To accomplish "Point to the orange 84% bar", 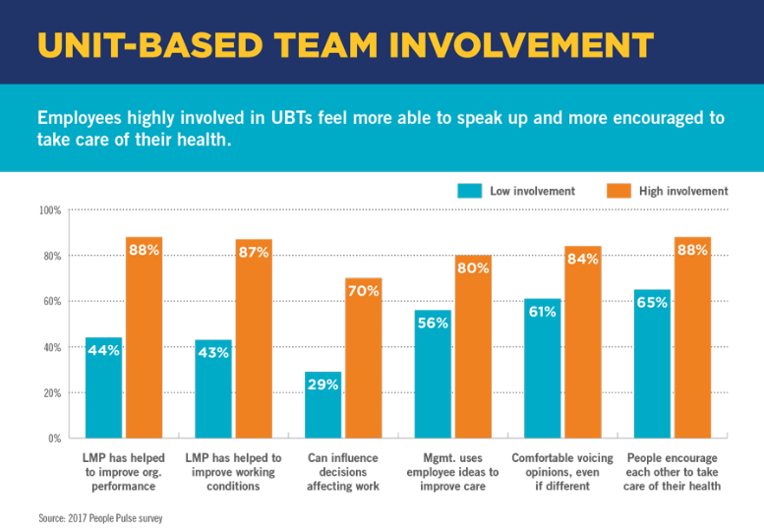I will point(583,349).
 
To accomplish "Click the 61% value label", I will point(542,312).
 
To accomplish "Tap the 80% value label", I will point(473,267).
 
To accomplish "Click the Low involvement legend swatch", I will point(469,191).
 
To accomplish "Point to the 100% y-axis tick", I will point(49,210).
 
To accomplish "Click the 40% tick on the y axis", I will point(51,347).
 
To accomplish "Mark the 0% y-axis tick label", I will point(53,438).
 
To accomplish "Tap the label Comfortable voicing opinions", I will point(562,472).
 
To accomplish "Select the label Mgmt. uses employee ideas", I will point(452,472).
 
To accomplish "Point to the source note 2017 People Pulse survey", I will point(99,516).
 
